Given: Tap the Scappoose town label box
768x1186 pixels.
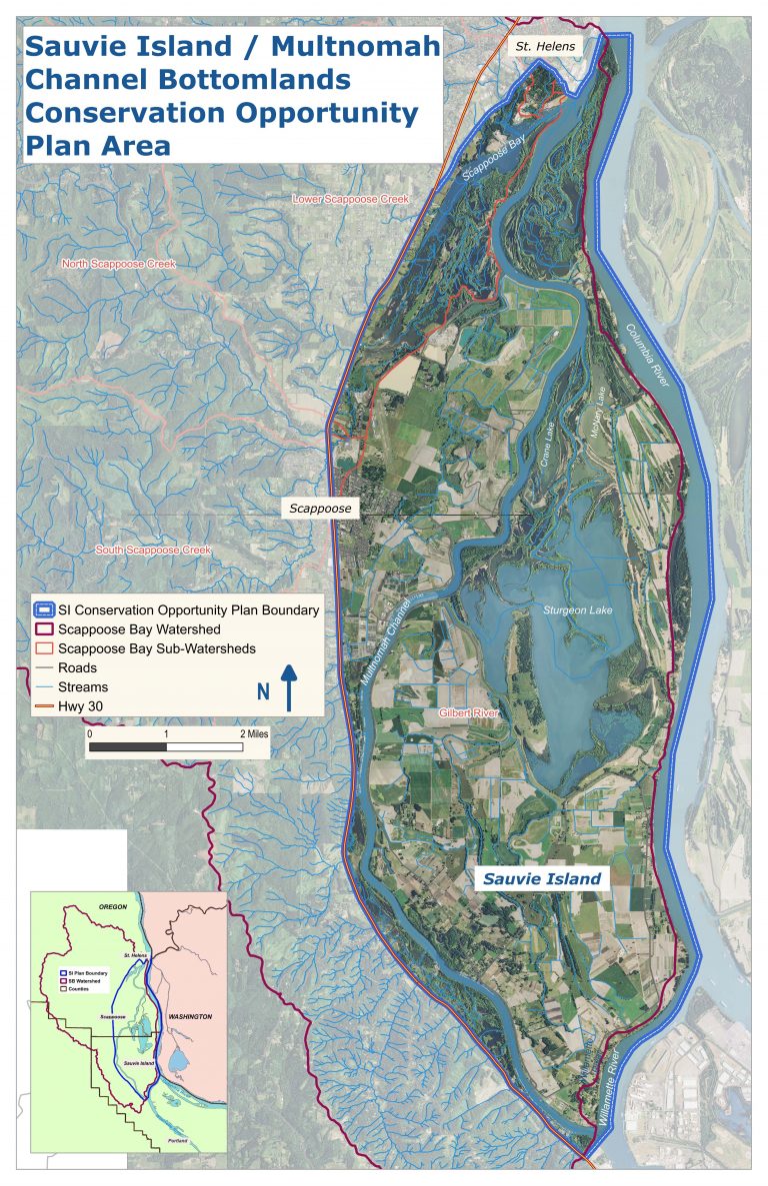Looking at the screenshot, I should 320,508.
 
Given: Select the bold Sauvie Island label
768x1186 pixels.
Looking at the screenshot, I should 541,879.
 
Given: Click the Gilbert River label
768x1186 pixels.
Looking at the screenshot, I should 468,712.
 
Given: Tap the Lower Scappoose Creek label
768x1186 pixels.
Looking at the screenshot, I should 350,200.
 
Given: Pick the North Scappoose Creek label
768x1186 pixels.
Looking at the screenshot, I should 118,264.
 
